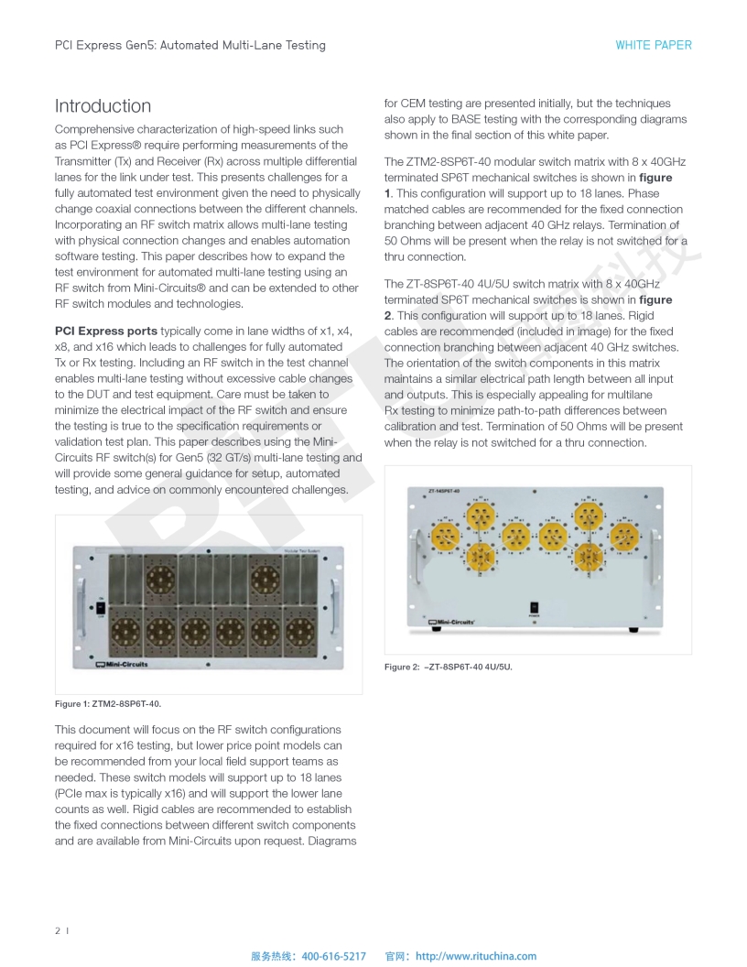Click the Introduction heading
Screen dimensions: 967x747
click(103, 106)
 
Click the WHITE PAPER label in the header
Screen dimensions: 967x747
click(653, 45)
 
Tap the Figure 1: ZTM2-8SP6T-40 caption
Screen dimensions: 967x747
click(109, 703)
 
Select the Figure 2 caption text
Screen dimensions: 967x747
click(448, 667)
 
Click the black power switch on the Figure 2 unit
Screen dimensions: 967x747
click(534, 606)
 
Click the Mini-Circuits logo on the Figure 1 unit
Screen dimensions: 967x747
click(122, 664)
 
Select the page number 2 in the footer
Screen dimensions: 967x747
click(58, 930)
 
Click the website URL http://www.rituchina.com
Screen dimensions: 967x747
click(476, 956)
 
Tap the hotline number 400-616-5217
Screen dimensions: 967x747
click(333, 956)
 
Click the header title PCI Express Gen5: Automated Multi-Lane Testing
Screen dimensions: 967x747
click(189, 45)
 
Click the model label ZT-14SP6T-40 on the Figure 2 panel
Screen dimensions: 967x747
click(445, 491)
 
